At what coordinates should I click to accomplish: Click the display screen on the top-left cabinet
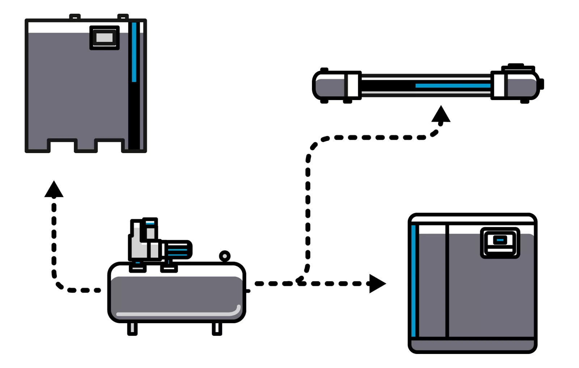pos(104,38)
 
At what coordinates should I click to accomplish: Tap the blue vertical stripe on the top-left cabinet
pos(134,52)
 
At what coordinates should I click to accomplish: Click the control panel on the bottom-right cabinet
pos(500,243)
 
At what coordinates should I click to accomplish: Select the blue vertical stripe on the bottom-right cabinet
pos(413,281)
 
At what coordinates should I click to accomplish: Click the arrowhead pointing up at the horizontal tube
pos(441,114)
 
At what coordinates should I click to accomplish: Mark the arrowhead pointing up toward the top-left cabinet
pos(54,190)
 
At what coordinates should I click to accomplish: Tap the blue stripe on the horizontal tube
pos(452,86)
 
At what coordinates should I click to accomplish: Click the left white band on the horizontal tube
pos(352,85)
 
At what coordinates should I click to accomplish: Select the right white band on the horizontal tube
pos(499,85)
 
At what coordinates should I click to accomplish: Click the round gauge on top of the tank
pos(225,256)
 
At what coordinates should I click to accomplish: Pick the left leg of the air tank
pos(132,328)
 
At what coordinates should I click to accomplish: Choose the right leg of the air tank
pos(217,328)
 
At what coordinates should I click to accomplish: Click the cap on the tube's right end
pos(541,84)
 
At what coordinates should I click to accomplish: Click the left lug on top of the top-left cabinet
pos(75,17)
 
